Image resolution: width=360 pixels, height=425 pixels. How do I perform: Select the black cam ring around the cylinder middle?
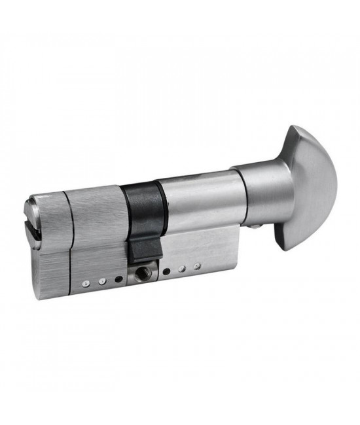point(140,203)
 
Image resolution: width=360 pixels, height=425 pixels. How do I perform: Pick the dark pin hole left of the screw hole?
point(118,279)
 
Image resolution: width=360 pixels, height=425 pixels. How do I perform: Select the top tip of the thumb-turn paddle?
point(296,129)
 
